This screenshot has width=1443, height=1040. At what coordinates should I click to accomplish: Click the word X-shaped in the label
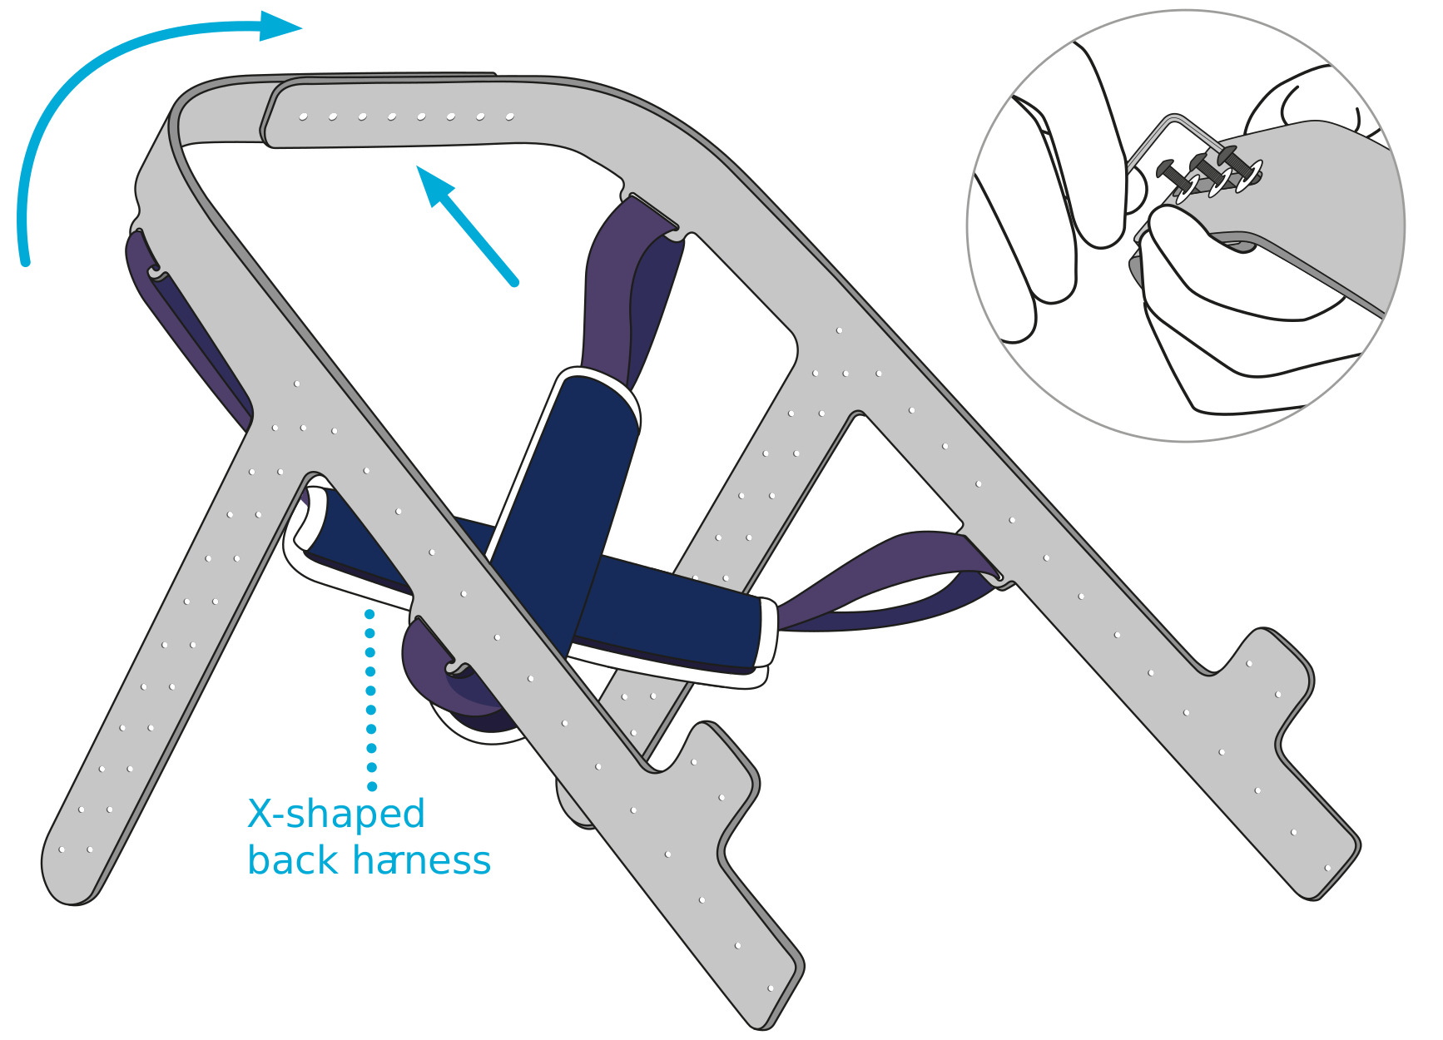336,814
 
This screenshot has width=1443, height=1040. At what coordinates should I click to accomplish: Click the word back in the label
292,860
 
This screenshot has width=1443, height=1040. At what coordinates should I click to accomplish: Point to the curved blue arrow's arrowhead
280,27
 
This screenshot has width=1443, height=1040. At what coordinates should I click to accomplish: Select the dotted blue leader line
370,699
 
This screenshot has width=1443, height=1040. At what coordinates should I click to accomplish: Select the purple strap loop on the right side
882,574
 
